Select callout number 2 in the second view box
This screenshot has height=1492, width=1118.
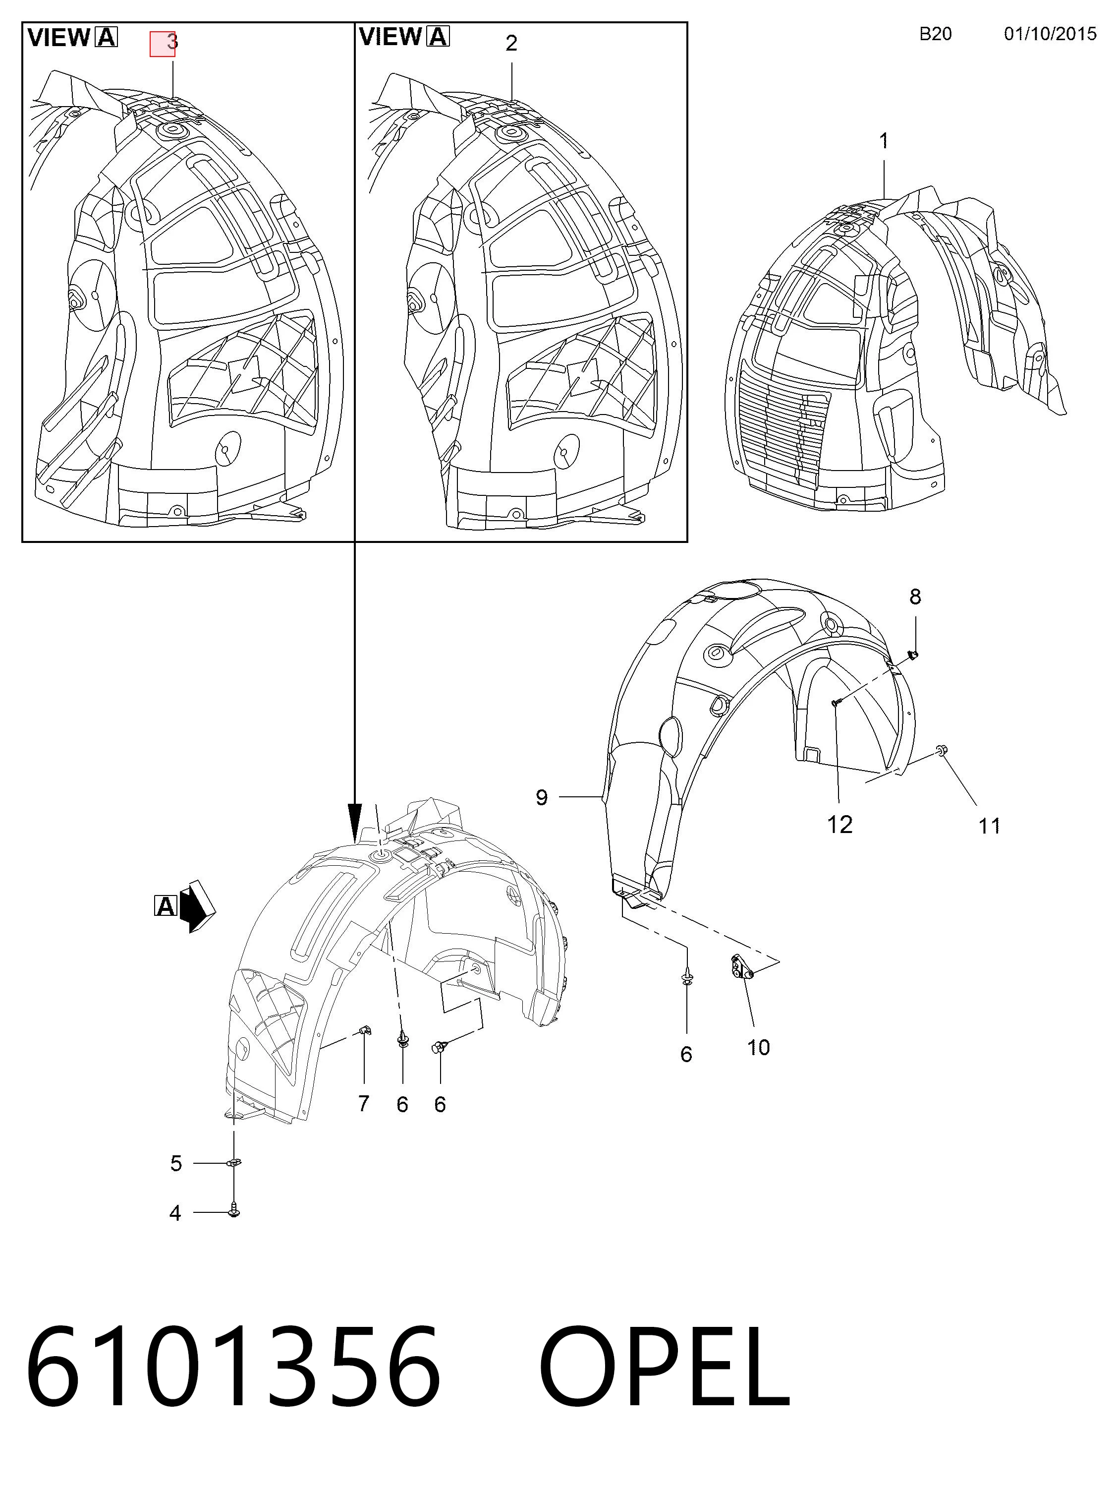[511, 43]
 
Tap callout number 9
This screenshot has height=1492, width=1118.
[542, 797]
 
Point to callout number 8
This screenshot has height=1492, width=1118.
[915, 597]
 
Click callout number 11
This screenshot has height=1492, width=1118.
[989, 826]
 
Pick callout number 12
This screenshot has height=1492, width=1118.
[840, 824]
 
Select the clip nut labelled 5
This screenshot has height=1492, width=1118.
[234, 1162]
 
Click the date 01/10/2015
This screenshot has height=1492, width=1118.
[1050, 34]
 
